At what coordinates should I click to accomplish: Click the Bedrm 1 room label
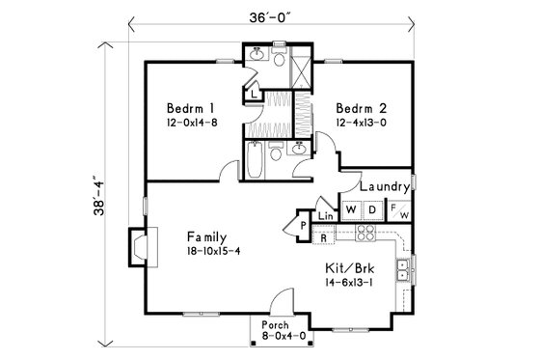tap(182, 107)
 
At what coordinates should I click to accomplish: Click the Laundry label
tap(385, 186)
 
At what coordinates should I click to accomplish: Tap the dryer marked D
tap(372, 208)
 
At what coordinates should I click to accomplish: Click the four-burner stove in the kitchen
tap(365, 235)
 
